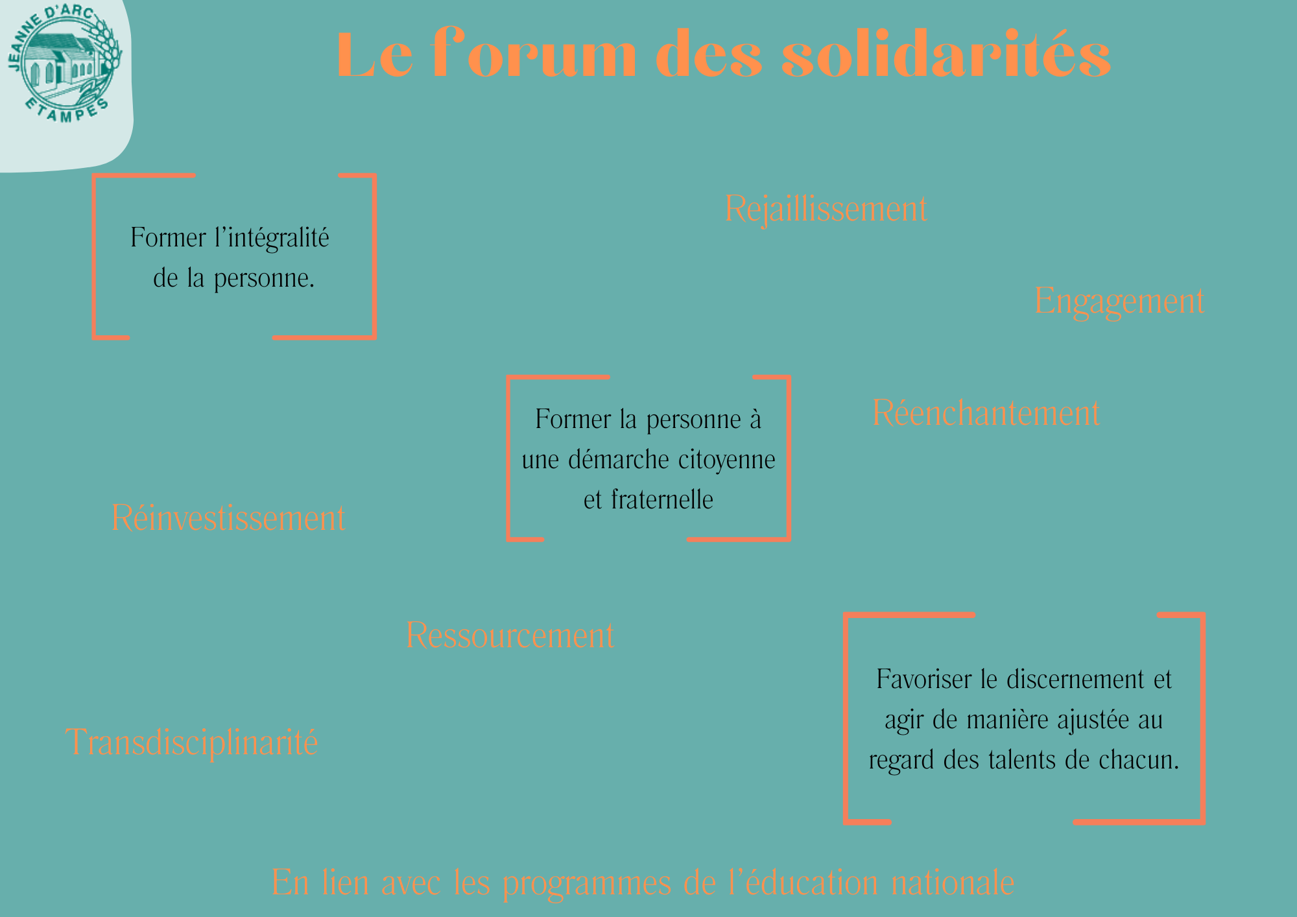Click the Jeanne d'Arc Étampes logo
64,64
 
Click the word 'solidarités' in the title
946,54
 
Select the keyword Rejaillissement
826,209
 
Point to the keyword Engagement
1119,302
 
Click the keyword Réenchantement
986,412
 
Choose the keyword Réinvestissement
228,518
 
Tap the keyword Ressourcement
510,635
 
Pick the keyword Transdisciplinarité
192,742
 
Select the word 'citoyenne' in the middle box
727,460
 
